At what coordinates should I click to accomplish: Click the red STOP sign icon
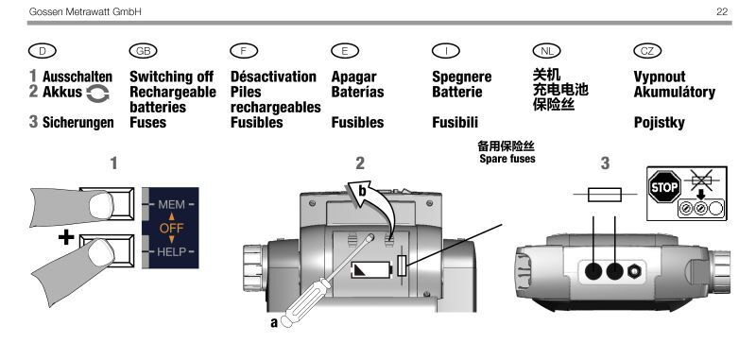click(664, 187)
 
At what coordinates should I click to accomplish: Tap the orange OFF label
click(171, 228)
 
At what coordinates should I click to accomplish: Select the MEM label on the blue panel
click(171, 205)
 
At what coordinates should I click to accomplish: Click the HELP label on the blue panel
click(171, 251)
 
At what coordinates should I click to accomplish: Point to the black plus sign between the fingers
click(66, 237)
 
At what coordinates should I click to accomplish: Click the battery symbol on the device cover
click(371, 270)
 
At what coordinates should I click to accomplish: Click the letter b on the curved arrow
click(363, 192)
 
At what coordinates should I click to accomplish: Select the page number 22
click(722, 11)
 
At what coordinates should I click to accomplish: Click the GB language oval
click(144, 51)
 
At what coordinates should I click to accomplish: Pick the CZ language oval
click(647, 51)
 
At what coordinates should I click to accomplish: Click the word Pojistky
click(659, 123)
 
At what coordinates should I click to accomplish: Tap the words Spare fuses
click(507, 159)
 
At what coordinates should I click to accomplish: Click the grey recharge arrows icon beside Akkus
click(98, 94)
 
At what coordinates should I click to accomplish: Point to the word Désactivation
click(273, 77)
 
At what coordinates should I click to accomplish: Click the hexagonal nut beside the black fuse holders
click(634, 272)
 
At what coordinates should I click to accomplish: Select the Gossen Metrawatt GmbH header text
click(85, 11)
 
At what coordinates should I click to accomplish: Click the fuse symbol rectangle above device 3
click(605, 195)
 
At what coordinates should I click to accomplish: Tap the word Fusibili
click(455, 123)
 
